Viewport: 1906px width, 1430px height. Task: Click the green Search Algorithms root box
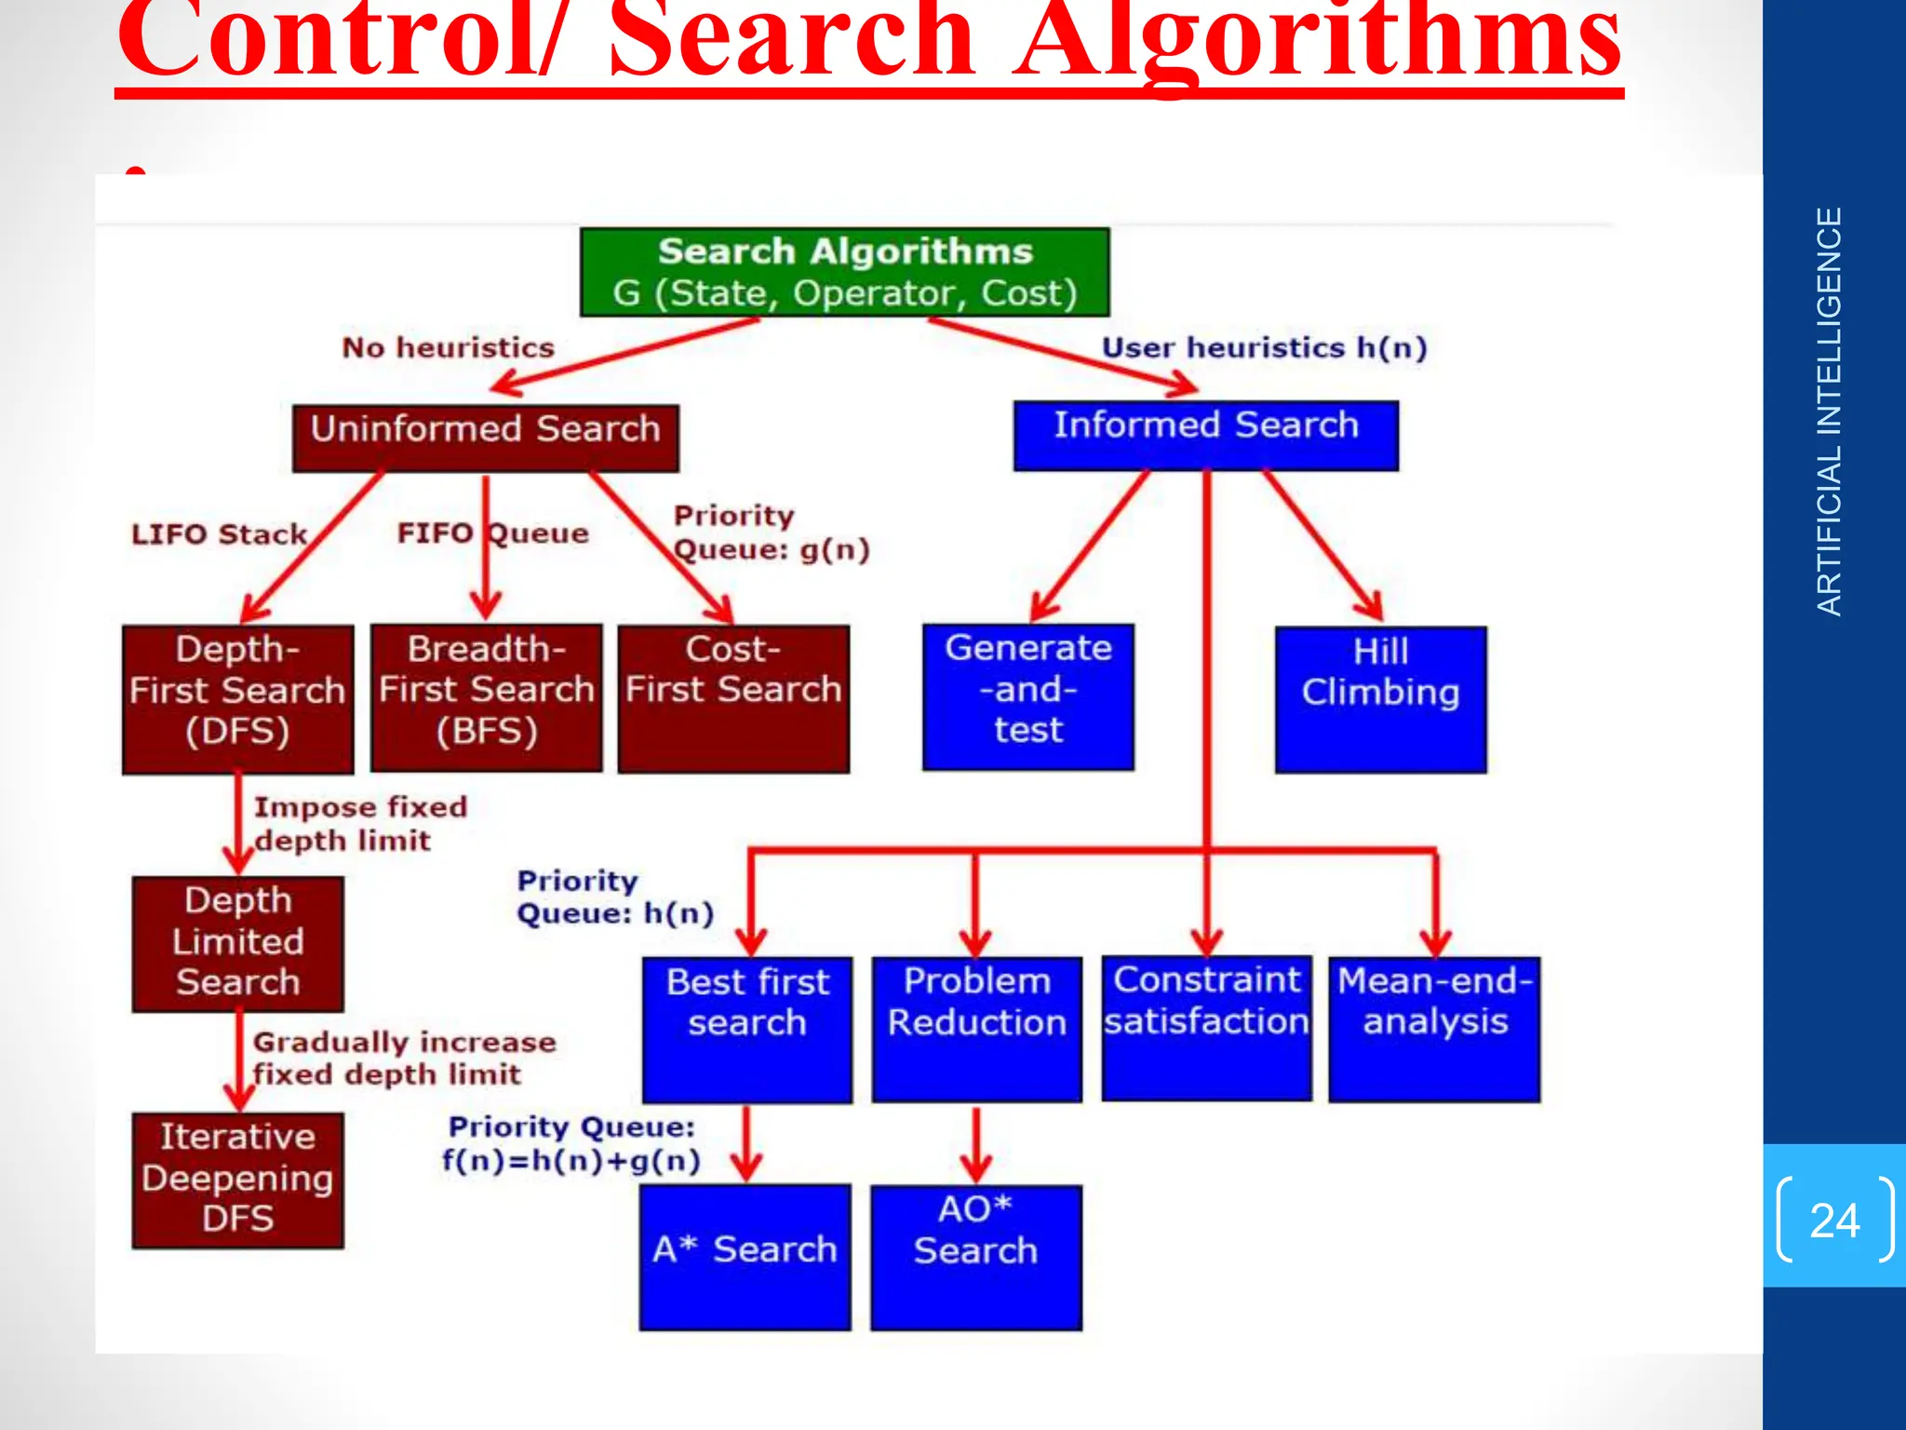coord(844,272)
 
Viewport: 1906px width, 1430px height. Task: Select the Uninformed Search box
coord(485,438)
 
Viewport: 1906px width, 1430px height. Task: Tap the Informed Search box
coord(1205,435)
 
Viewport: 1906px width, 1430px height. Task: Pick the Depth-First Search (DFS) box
coord(237,698)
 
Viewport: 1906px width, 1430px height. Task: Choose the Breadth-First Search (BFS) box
coord(486,697)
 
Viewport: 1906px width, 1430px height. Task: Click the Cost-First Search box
coord(733,698)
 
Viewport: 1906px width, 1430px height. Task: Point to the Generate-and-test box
coord(1027,696)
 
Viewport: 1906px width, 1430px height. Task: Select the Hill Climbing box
coord(1380,699)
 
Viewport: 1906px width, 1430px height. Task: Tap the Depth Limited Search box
coord(237,943)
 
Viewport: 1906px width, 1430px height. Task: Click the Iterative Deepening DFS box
coord(237,1180)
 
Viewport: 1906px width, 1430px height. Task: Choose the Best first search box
coord(746,1029)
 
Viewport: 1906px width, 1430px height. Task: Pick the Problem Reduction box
coord(976,1029)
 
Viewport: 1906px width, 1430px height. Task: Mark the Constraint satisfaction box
coord(1206,1028)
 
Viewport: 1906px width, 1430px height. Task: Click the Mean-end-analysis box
coord(1434,1029)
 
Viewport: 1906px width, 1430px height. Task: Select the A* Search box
coord(745,1256)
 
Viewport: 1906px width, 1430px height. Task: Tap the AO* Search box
coord(975,1257)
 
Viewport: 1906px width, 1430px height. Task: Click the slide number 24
coord(1834,1220)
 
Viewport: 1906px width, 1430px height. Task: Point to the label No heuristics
coord(448,348)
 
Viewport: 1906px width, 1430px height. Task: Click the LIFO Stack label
coord(219,534)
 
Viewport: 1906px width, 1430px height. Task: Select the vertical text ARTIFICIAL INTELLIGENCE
coord(1829,411)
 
